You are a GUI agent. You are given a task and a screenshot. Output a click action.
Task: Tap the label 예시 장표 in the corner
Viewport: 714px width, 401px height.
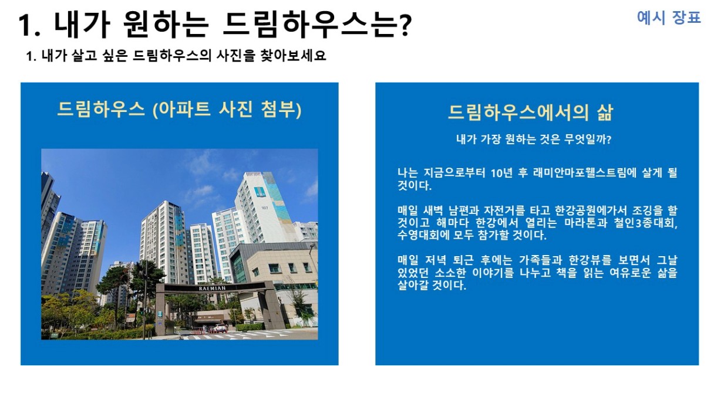(x=669, y=18)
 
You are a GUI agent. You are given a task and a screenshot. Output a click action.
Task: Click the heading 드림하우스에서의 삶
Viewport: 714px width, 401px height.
(x=530, y=113)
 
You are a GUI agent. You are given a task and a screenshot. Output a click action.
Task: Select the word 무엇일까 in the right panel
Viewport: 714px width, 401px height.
(x=587, y=139)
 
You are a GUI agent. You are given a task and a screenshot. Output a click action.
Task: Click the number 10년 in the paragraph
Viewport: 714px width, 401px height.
(x=501, y=173)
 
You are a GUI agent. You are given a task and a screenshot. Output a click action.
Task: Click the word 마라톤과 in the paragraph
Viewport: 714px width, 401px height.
(x=585, y=223)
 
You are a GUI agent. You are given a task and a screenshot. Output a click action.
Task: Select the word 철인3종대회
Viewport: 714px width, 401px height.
(x=645, y=223)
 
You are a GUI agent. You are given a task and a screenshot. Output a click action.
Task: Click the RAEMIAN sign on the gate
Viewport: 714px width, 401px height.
(x=213, y=288)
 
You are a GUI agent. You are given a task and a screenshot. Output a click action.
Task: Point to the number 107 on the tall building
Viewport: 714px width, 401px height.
(x=265, y=208)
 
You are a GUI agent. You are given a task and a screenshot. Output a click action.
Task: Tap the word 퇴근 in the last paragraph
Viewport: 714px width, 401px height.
(x=463, y=260)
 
